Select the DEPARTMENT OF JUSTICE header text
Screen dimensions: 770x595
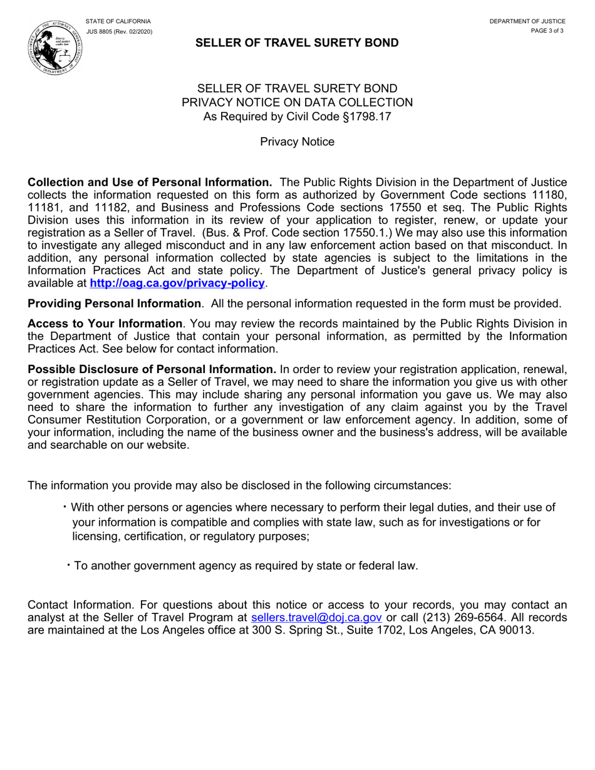(x=527, y=21)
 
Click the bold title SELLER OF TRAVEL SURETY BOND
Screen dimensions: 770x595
(x=297, y=43)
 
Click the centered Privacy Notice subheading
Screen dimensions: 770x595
(x=297, y=141)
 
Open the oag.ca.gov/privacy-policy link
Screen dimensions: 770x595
(x=177, y=284)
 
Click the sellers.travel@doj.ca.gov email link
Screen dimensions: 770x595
(x=316, y=617)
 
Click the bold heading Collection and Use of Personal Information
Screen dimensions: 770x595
(x=150, y=182)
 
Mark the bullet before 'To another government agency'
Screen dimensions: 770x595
(x=68, y=565)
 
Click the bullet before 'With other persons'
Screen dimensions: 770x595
(x=65, y=506)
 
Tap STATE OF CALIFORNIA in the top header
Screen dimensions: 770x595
(x=118, y=21)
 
